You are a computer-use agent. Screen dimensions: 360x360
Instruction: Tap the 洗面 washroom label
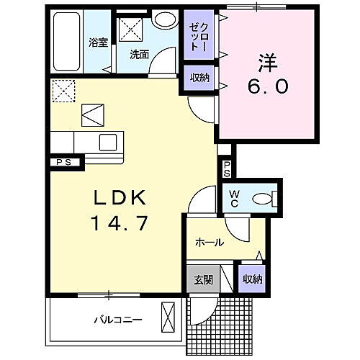click(140, 53)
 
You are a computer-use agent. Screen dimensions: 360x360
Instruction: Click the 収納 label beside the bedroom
click(200, 78)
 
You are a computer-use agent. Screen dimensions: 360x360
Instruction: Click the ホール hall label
click(210, 243)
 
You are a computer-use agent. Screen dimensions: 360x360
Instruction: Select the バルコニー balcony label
click(117, 319)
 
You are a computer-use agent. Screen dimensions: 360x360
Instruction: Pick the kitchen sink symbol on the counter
click(109, 140)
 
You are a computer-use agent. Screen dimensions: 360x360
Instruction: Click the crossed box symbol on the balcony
click(169, 316)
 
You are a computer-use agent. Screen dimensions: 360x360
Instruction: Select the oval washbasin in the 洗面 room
click(165, 19)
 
